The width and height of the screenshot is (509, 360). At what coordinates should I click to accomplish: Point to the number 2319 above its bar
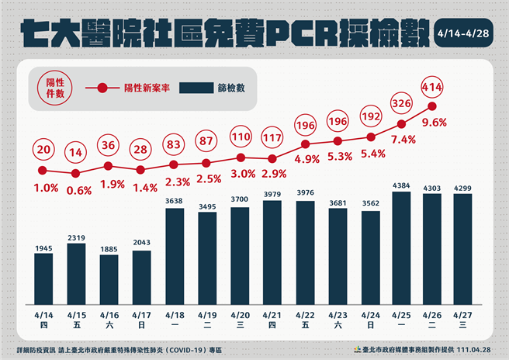(x=76, y=237)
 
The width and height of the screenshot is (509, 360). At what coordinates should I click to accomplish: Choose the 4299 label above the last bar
(x=466, y=187)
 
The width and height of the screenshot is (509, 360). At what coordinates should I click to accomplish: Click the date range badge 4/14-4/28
(x=466, y=35)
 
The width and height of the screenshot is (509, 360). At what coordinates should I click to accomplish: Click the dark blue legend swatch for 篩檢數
(x=201, y=88)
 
